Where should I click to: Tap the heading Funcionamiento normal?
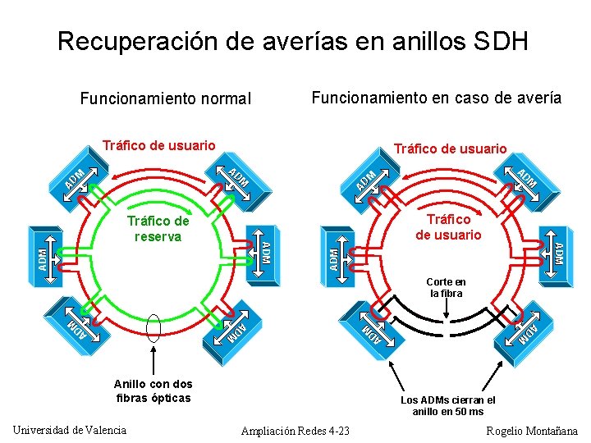165,99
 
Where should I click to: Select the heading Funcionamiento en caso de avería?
437,98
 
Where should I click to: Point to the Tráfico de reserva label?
158,229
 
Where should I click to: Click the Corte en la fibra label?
446,287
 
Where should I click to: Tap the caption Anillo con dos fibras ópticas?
153,390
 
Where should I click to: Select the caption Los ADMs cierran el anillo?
447,405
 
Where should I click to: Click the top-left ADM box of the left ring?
76,177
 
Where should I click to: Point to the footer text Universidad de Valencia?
70,430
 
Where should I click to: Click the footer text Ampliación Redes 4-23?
295,431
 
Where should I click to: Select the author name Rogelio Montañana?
532,431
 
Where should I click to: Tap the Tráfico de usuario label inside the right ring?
448,227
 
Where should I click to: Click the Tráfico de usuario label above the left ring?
158,145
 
